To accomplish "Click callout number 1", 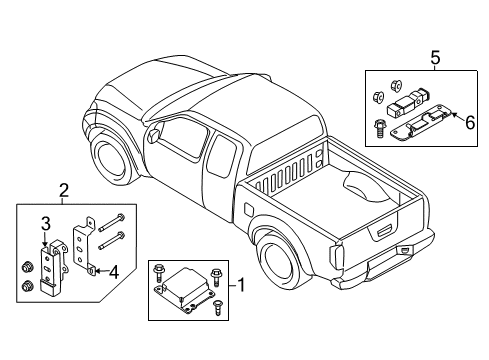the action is click(x=240, y=285).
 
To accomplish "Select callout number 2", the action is click(x=64, y=191).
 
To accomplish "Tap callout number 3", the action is click(x=46, y=224).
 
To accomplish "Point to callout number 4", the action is click(x=114, y=272).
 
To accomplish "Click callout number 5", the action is click(x=435, y=58).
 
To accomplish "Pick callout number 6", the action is click(x=470, y=123).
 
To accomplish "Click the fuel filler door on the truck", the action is click(x=249, y=210).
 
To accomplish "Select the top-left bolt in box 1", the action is click(x=157, y=272).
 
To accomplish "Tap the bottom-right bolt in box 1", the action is click(x=218, y=307).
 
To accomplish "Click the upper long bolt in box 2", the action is click(x=112, y=223).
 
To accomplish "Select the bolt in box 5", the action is click(x=380, y=128).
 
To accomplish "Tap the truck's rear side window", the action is click(x=222, y=156).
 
